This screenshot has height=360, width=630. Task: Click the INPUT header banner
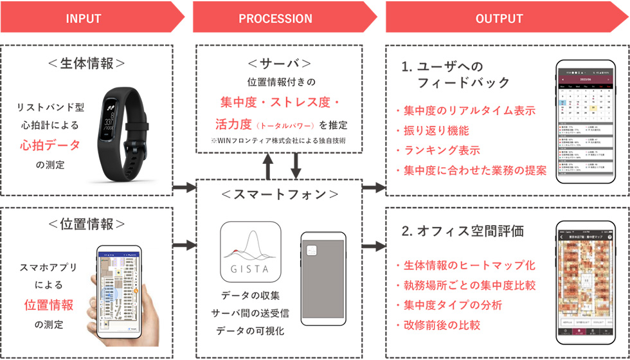click(x=84, y=18)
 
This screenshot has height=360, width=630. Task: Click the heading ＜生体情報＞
click(x=89, y=63)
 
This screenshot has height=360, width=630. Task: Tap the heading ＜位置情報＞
click(x=89, y=223)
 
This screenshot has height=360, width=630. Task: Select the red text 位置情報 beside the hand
click(x=49, y=305)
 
